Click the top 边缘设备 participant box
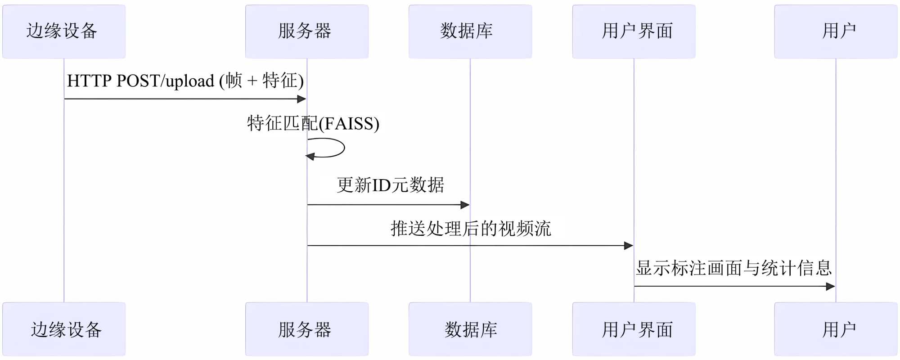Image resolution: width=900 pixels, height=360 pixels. coord(64,31)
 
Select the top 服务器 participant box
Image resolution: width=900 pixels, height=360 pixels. coord(306,31)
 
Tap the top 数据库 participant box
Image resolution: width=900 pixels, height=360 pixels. coord(470,31)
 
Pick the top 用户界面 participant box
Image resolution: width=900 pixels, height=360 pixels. coord(634,31)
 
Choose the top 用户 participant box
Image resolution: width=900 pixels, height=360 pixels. coord(836,31)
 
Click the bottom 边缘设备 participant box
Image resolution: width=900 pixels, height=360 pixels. coord(64,329)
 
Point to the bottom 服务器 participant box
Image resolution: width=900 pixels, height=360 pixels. coord(306,329)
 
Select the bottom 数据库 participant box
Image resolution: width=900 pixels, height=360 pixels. coord(470,329)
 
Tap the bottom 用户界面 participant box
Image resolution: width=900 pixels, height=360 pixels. coord(634,329)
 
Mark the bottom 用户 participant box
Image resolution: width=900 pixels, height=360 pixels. coord(836,329)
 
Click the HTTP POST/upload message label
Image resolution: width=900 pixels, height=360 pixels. coord(185,81)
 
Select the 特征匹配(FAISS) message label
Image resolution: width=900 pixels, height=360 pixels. coord(313,123)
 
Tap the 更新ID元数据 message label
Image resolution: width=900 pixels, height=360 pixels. coord(390,185)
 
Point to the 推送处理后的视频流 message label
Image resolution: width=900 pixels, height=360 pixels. coord(471,229)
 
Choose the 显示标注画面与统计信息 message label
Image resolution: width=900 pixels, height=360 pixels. coord(733,268)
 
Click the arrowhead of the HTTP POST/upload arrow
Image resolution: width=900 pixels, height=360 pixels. coord(302,99)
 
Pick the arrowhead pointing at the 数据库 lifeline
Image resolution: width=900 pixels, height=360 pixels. coord(465,205)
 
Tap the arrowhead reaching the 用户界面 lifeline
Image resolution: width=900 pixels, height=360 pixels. coord(629,246)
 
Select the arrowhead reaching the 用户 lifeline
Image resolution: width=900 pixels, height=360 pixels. coord(831,286)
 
